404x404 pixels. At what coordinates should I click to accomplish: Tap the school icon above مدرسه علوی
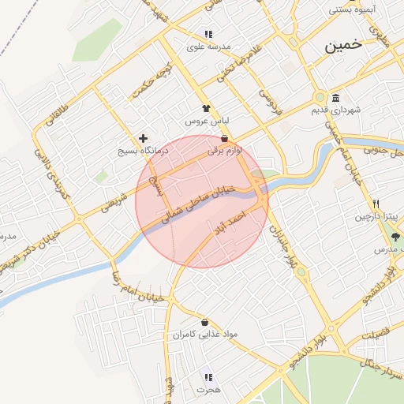(208, 34)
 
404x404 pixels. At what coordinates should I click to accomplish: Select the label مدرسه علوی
(208, 47)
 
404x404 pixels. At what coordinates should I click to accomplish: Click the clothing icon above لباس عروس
(207, 109)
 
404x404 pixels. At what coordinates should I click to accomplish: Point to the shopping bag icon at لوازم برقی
(225, 138)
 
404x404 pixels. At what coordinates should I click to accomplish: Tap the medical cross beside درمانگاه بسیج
(143, 138)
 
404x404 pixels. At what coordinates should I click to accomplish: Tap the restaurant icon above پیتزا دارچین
(376, 204)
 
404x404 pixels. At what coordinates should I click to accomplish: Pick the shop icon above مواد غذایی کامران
(205, 322)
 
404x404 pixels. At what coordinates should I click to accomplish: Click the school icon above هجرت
(208, 377)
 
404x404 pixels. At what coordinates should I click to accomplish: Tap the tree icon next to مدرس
(395, 235)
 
